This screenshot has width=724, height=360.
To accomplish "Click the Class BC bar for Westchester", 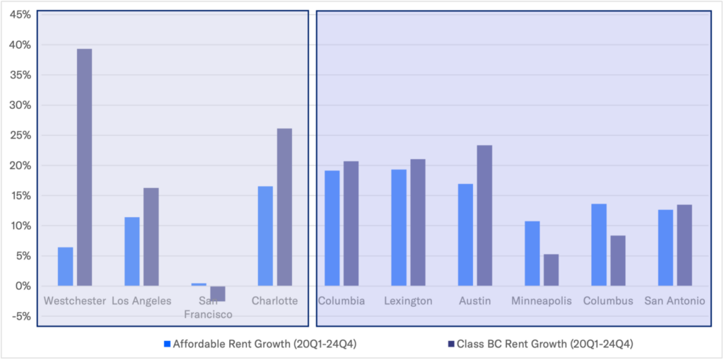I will point(84,168).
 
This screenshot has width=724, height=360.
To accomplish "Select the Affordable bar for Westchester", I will point(65,267).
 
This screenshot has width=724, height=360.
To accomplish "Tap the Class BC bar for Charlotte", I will point(284,207).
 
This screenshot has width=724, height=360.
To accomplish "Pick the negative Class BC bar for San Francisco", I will point(218,294).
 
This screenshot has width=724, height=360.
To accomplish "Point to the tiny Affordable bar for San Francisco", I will point(199,284).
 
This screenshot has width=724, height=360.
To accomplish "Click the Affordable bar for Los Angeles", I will point(132,251).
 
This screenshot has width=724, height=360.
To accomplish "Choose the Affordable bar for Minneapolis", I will point(532,254).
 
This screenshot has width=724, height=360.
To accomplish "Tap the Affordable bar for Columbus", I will point(598,245).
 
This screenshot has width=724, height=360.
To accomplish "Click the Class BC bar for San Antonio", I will point(684,245).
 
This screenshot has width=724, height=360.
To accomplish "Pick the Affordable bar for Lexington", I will point(399,228).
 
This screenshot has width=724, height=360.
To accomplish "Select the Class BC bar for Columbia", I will point(351,223).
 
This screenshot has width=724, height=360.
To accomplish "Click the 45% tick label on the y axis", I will point(20,15).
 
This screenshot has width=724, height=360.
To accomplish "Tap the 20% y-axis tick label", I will point(20,166).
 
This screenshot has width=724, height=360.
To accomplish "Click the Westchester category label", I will point(75,301).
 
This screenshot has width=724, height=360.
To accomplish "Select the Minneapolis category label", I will point(542,301).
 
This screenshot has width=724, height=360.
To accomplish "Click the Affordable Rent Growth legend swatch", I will point(167,344).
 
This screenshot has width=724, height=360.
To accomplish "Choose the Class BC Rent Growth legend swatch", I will point(451,344).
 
